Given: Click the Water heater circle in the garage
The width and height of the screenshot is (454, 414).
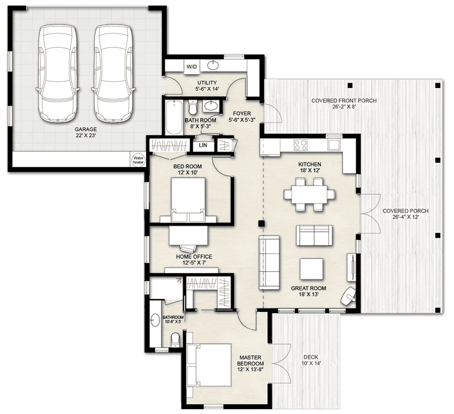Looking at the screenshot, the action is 138,160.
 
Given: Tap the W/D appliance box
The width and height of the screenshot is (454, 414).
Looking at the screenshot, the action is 192,67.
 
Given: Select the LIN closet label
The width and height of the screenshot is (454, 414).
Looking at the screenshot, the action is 203,145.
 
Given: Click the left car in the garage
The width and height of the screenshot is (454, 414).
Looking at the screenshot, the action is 58,73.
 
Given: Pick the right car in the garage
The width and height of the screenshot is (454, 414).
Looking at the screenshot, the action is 113,73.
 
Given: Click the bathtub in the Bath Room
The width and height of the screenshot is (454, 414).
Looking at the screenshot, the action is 174,117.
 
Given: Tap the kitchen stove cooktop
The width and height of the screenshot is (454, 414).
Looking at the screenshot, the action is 300,145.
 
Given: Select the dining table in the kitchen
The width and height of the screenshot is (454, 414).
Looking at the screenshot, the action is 309,195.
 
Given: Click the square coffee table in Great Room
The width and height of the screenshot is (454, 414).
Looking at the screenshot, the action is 311,269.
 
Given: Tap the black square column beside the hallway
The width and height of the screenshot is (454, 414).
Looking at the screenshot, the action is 261,223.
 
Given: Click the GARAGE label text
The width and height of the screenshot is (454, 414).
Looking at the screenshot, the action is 86,129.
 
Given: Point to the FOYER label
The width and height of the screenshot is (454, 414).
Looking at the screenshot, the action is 242,113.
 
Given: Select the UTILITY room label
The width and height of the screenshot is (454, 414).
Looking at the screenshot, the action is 207,83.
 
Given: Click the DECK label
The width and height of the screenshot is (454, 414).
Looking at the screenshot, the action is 311,357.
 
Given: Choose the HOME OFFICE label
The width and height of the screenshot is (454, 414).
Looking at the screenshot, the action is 194,257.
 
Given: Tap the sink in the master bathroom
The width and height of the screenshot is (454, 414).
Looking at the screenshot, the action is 155,320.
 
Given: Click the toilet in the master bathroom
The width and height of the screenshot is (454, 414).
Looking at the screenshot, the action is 175,340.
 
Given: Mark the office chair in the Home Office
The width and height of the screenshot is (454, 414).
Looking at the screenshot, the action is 187,248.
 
